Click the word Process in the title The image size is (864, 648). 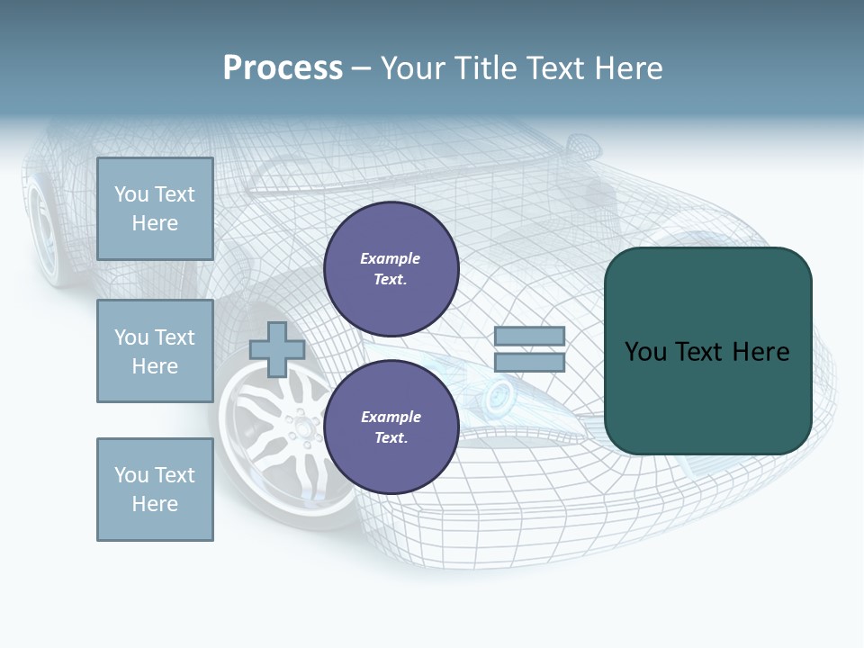283,68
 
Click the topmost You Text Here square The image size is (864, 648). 155,209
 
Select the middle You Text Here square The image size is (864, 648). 155,351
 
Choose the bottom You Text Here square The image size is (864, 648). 155,489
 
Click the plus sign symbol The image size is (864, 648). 277,349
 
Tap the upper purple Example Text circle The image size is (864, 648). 391,269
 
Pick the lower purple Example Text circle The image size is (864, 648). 391,427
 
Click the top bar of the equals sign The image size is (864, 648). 530,337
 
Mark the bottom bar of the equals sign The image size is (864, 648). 530,363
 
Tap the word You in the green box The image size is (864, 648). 645,352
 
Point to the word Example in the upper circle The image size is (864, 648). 391,259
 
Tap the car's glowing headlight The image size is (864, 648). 499,391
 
